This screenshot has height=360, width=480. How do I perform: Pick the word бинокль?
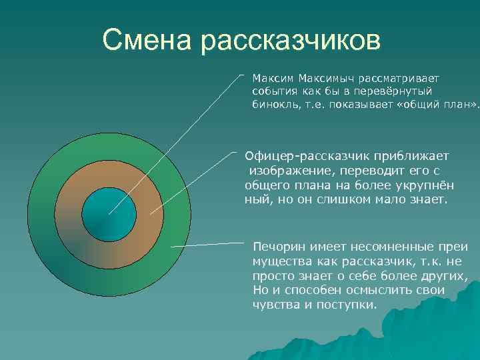273,103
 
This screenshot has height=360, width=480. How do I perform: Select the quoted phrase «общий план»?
434,103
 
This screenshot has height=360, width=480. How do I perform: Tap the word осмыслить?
357,291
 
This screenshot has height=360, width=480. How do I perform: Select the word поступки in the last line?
350,305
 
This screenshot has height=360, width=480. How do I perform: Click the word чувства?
273,305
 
